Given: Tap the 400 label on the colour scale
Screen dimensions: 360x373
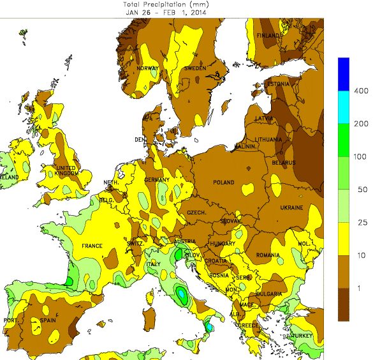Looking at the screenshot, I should tap(360, 91).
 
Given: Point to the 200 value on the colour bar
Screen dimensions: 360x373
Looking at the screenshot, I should tap(360, 124).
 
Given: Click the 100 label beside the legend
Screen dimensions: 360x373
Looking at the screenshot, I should tap(360, 156).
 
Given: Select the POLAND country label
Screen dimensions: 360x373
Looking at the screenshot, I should tap(224, 183).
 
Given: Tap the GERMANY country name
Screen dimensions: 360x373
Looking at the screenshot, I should tap(156, 180).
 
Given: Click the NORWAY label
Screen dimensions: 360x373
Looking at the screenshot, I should tap(148, 68).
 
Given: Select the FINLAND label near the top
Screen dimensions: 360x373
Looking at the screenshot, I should tap(268, 36).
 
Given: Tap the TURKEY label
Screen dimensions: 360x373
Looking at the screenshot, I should tap(304, 335).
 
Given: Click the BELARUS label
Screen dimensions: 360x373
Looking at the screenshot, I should tap(284, 163).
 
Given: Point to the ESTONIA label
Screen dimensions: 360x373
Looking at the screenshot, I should tap(278, 84).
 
